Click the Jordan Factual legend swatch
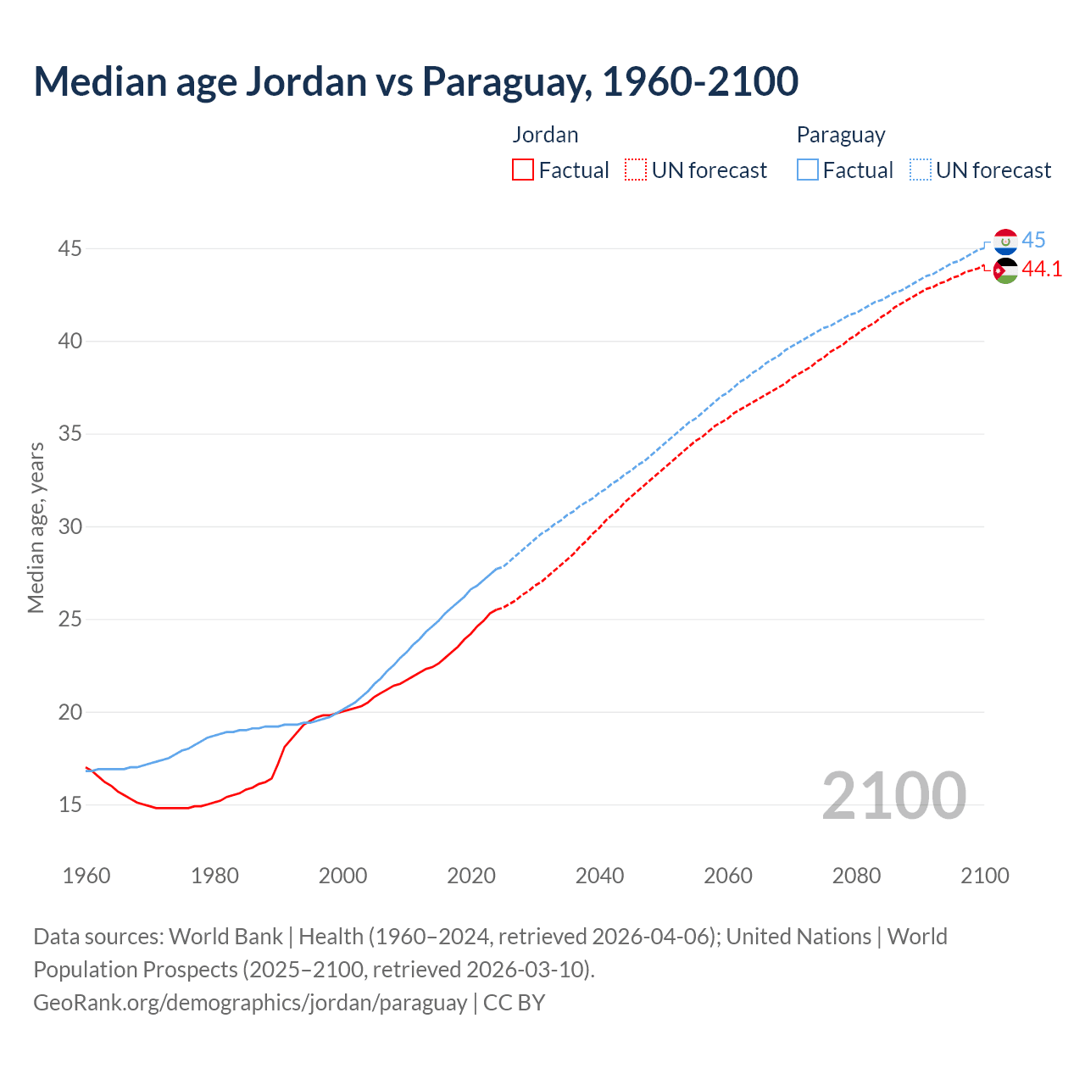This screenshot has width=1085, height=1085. coord(523,170)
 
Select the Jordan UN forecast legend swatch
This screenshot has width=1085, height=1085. coord(636,170)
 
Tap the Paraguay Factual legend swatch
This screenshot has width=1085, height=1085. coord(808,170)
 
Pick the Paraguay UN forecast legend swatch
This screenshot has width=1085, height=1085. coord(921,170)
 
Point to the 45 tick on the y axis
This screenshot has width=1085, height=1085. coord(70,249)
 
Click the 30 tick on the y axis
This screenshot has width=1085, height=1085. coord(70,526)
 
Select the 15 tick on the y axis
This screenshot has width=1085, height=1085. coord(70,804)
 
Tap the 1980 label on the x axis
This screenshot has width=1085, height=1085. coord(214,876)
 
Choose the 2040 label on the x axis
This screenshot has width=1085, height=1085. coord(599,876)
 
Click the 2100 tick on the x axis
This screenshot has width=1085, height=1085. coord(984,876)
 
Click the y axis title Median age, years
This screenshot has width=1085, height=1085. coord(36,526)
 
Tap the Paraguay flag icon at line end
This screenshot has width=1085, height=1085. coord(1005,242)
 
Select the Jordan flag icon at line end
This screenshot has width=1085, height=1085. coord(1005,270)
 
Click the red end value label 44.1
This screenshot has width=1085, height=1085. coord(1042,270)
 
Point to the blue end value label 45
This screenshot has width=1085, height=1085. coord(1033,241)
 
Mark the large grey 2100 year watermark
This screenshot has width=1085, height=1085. coord(893,795)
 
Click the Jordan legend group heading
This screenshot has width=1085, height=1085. coord(545,135)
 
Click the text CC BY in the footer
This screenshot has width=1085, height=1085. coord(515,1003)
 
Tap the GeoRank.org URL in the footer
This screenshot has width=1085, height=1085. coord(250,1003)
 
